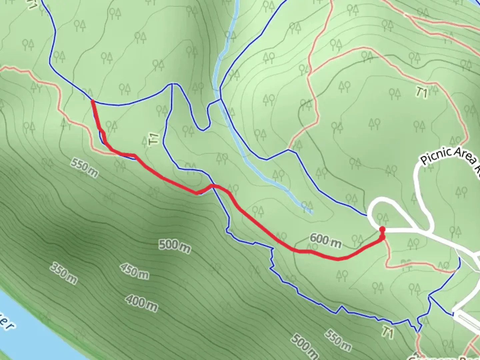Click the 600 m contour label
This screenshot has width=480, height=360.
pyautogui.click(x=325, y=241)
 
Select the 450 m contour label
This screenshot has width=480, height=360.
pyautogui.click(x=134, y=271)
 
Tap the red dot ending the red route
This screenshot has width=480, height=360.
pyautogui.click(x=382, y=229)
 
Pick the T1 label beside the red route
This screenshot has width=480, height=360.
pyautogui.click(x=153, y=139)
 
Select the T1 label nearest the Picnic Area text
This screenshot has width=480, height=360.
pyautogui.click(x=421, y=93)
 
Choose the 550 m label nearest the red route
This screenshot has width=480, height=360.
pyautogui.click(x=84, y=168)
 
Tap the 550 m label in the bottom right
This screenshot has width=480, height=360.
pyautogui.click(x=338, y=341)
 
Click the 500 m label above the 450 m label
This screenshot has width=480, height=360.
pyautogui.click(x=175, y=246)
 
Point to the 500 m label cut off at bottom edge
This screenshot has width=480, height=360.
pyautogui.click(x=304, y=347)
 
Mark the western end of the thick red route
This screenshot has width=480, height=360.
pyautogui.click(x=92, y=100)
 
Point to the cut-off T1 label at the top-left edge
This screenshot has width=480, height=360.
pyautogui.click(x=32, y=4)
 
